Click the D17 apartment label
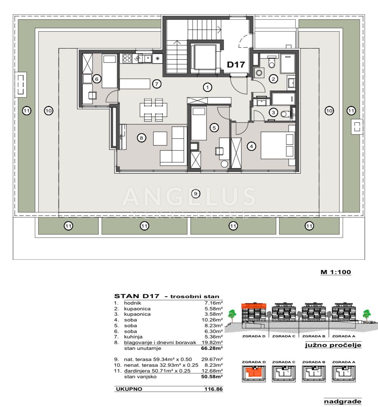click(x=236, y=64)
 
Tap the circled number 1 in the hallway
click(x=207, y=88)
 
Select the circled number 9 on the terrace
click(x=196, y=193)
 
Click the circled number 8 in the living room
click(x=141, y=138)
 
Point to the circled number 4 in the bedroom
click(x=251, y=147)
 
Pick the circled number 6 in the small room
click(x=97, y=79)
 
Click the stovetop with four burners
click(x=127, y=59)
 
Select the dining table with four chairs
click(x=153, y=110)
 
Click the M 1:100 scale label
click(x=336, y=272)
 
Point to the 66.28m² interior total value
click(x=212, y=348)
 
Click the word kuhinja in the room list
click(x=133, y=337)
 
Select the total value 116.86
click(x=214, y=389)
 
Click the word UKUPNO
click(x=129, y=389)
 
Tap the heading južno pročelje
click(x=333, y=345)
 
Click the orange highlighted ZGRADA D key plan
click(x=254, y=374)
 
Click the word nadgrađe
click(x=342, y=401)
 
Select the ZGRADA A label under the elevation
click(x=344, y=336)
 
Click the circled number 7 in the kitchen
click(x=157, y=84)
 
